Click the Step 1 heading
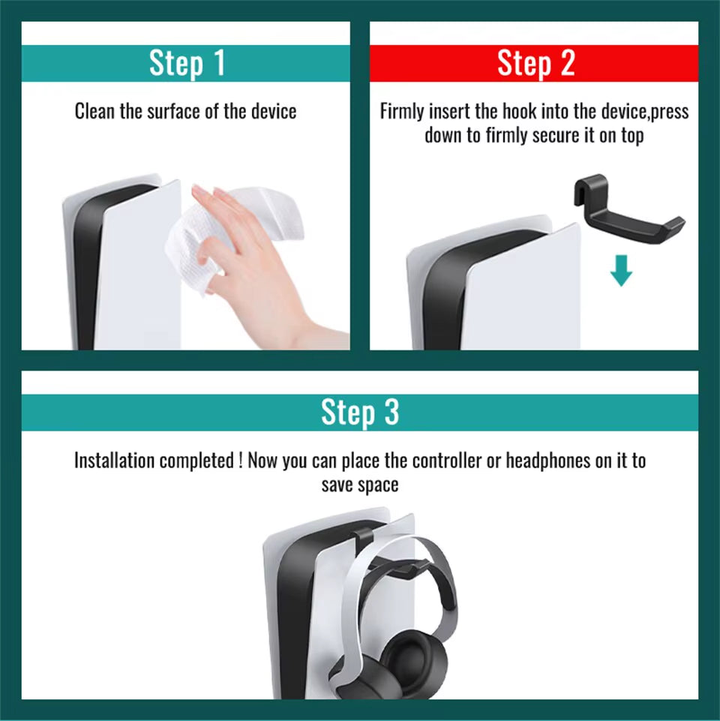pyautogui.click(x=186, y=63)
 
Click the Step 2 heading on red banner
pyautogui.click(x=535, y=64)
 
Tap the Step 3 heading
pyautogui.click(x=360, y=413)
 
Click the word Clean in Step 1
pyautogui.click(x=94, y=112)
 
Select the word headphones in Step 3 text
pyautogui.click(x=548, y=461)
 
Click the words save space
pyautogui.click(x=360, y=485)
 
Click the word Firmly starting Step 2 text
pyautogui.click(x=402, y=112)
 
